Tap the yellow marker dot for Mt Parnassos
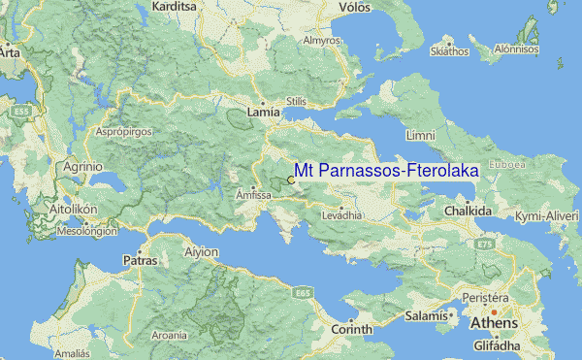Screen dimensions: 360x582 click(x=291, y=180)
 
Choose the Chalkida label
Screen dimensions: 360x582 click(x=469, y=211)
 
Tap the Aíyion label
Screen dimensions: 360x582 click(x=201, y=252)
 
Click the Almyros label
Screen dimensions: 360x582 click(x=322, y=41)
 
